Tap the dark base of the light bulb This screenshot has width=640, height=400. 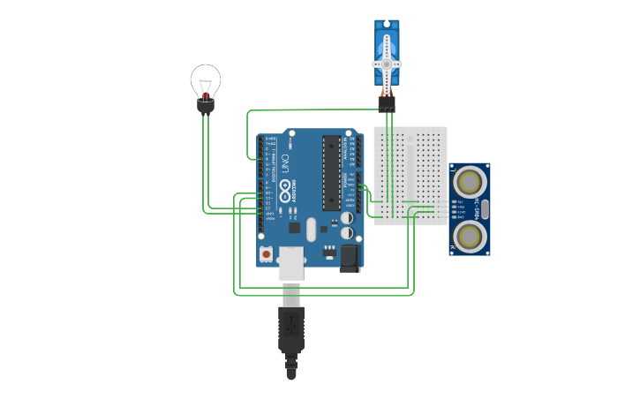pos(206,106)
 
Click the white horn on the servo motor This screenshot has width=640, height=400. pos(387,65)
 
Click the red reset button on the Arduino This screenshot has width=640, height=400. pos(267,254)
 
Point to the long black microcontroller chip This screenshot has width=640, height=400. pos(331,172)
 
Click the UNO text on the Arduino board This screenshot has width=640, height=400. pos(285,163)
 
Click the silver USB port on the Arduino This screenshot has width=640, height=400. pos(290,262)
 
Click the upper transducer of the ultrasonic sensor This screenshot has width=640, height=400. pos(469,181)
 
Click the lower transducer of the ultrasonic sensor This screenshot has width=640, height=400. pos(469,236)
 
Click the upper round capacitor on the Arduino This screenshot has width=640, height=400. pos(348,217)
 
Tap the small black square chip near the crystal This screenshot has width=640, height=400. pos(295,227)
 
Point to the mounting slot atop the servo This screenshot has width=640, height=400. pos(387,26)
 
